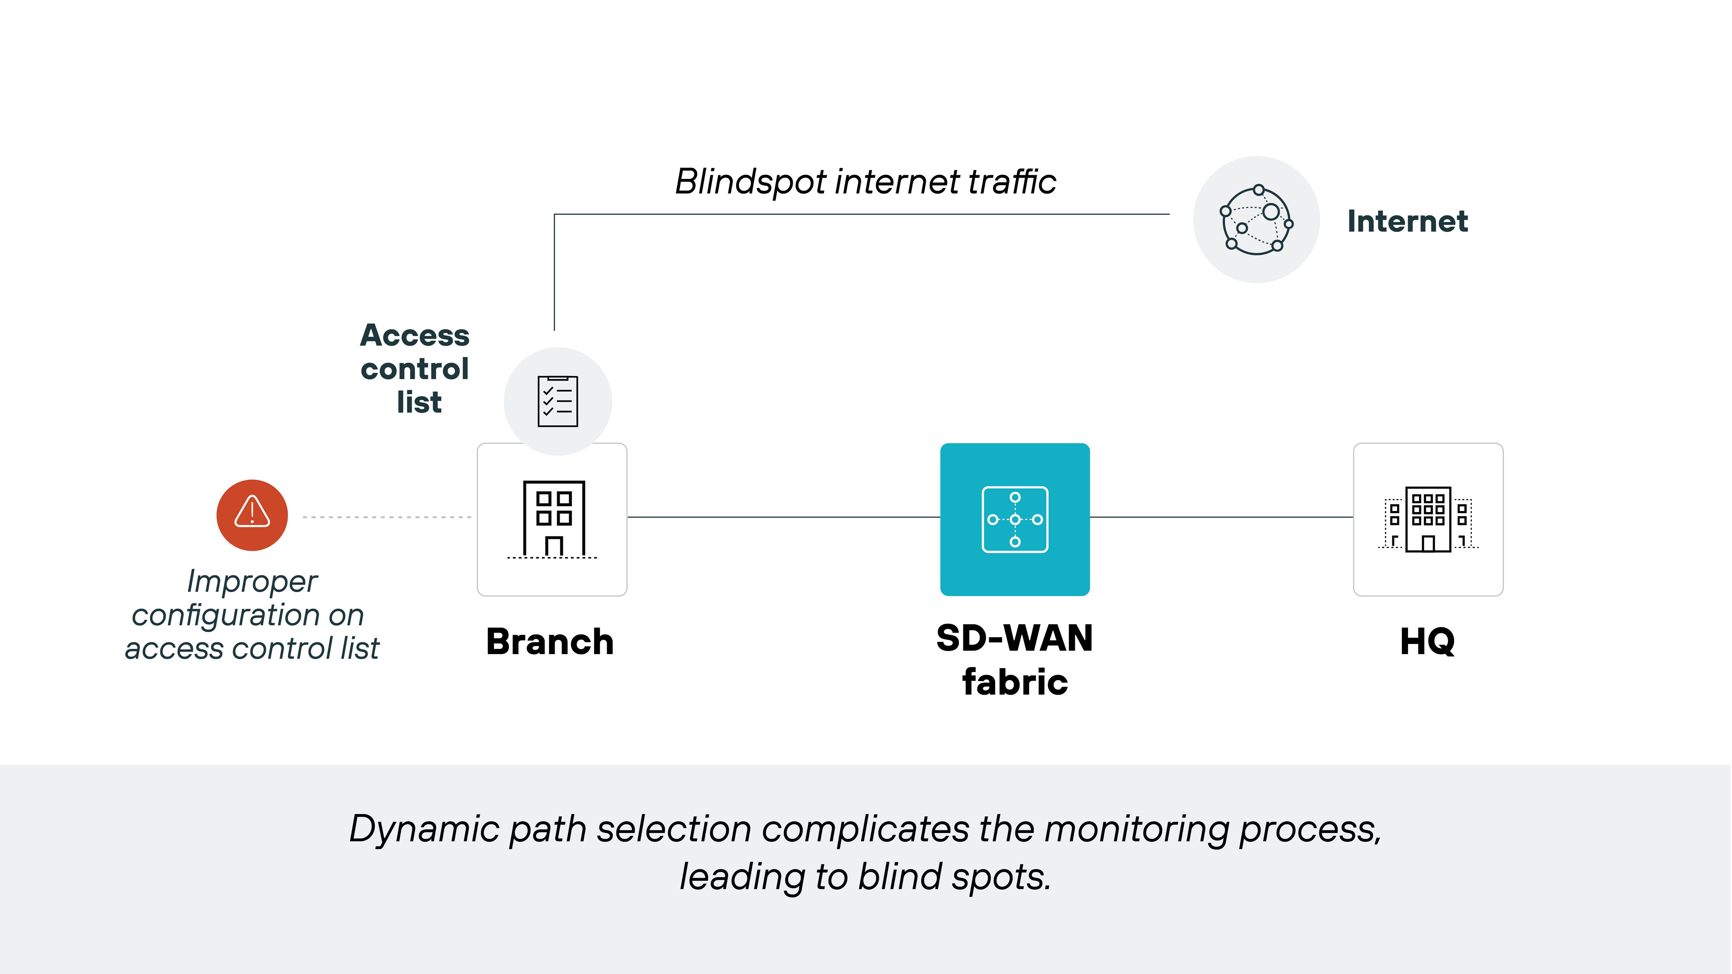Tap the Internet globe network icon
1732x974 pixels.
1256,220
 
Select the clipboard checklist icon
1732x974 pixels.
557,401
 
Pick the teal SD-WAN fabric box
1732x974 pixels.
1015,519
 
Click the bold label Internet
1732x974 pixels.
1407,221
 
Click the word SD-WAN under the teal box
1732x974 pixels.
1015,638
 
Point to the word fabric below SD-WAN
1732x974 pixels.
1015,682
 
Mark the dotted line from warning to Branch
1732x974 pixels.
387,517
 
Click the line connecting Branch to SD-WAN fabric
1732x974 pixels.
783,517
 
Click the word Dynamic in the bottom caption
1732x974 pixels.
424,829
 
